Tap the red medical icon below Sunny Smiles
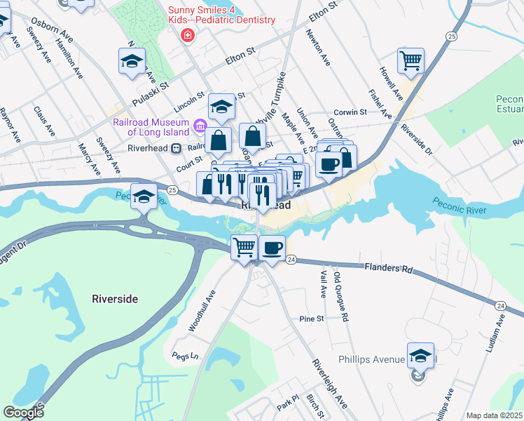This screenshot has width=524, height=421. click(x=186, y=36)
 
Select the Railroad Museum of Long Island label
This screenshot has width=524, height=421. click(x=151, y=127)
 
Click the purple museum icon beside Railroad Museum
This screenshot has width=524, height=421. click(x=200, y=127)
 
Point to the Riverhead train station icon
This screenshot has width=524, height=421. click(x=177, y=148)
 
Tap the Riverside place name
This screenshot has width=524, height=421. click(x=115, y=299)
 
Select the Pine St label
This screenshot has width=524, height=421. click(x=311, y=319)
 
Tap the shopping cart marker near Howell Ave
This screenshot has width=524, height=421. click(x=411, y=60)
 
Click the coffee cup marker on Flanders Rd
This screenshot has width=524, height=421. click(x=272, y=247)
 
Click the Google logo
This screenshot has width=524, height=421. click(x=23, y=413)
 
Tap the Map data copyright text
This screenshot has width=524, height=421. click(x=494, y=415)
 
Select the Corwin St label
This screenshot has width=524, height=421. click(x=350, y=112)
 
